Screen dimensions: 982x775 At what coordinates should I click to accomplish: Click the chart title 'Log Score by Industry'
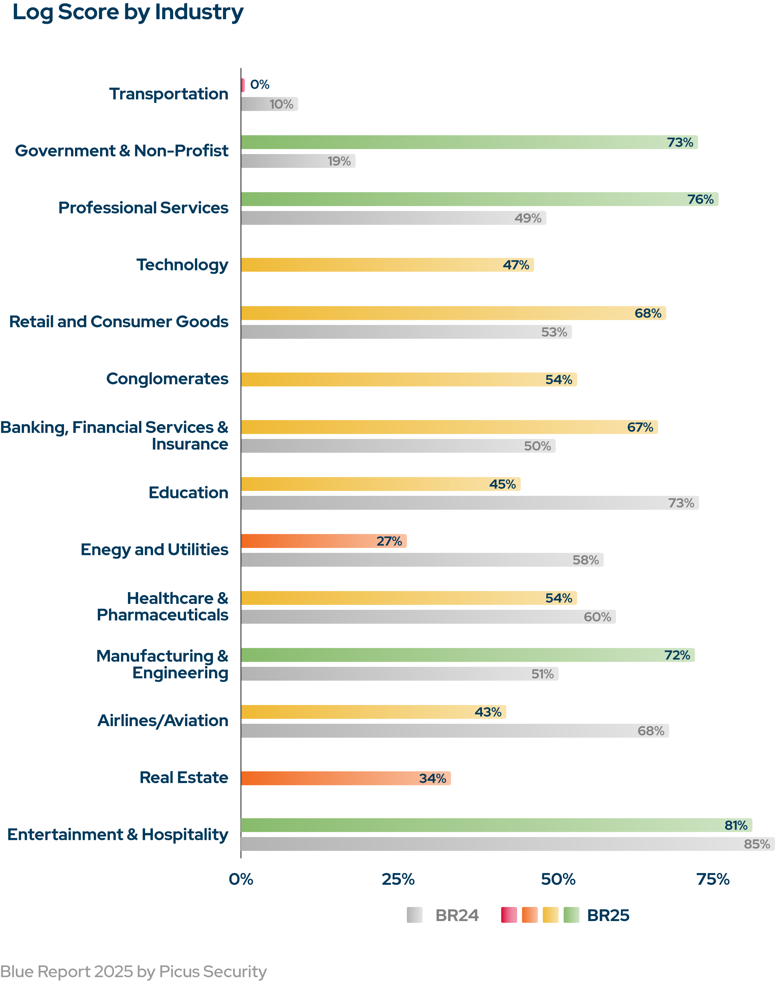(x=128, y=12)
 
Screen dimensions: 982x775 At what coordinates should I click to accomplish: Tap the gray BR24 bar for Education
(x=454, y=503)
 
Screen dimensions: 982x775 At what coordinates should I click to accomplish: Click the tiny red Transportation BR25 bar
(x=243, y=85)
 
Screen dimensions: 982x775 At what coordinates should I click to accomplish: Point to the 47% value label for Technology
(x=516, y=265)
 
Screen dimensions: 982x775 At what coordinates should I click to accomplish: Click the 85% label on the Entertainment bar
(x=757, y=844)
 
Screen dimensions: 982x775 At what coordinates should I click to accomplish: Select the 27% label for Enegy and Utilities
(x=389, y=541)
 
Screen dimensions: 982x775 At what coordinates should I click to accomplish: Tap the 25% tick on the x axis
(x=398, y=880)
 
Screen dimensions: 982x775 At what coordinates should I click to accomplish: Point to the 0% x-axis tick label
(x=241, y=880)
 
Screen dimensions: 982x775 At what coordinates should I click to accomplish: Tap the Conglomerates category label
(x=167, y=379)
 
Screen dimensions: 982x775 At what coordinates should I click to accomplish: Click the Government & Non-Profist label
(x=122, y=151)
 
